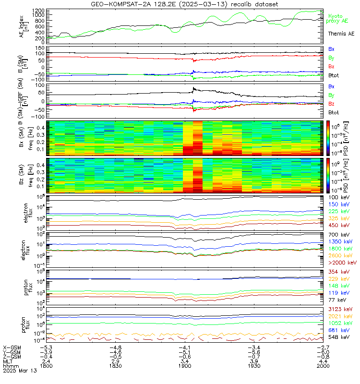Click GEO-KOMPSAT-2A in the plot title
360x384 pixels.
(116, 4)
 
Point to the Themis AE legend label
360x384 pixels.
(341, 34)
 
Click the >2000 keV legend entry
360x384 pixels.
(342, 263)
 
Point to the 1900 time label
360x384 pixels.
(185, 365)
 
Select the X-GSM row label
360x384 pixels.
(13, 347)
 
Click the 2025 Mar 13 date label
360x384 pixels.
(17, 371)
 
